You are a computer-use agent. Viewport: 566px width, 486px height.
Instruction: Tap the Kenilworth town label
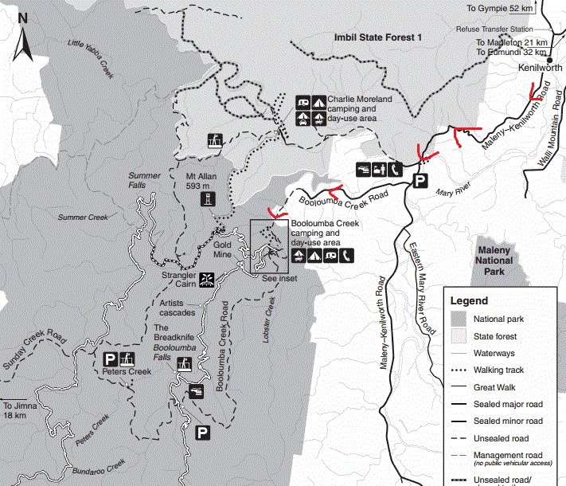click(540, 69)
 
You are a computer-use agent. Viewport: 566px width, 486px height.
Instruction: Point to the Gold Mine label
click(221, 249)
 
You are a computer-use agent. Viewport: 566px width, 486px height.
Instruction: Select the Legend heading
click(470, 301)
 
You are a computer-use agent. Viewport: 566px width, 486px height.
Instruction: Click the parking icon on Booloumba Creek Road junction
click(420, 182)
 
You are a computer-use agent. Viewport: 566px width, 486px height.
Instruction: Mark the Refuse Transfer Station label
click(495, 29)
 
